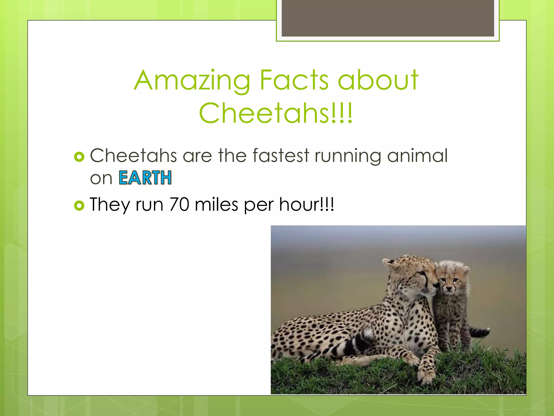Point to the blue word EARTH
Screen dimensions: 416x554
tap(145, 178)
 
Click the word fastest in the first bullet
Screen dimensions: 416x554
tap(281, 156)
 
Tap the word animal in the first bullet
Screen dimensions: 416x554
tap(417, 156)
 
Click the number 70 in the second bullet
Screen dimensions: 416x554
tap(179, 204)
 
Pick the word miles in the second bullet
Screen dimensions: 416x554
tap(216, 204)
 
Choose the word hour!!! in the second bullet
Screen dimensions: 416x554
tap(306, 204)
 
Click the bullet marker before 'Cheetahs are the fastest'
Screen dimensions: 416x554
tap(79, 157)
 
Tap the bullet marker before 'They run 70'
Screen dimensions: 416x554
tap(79, 206)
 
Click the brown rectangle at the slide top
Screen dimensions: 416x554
tap(388, 18)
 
